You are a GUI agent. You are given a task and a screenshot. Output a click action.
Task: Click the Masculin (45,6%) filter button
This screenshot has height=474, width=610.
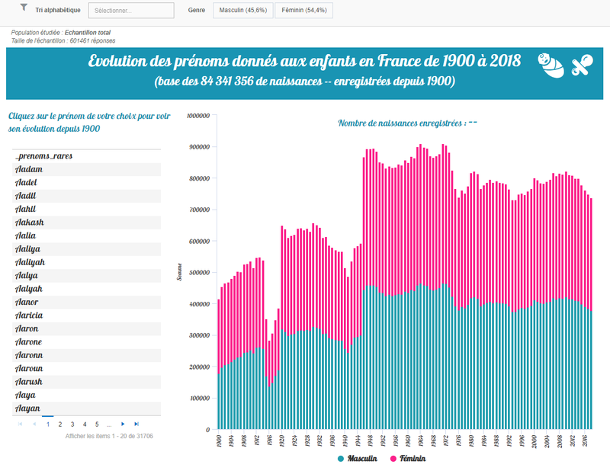(x=241, y=10)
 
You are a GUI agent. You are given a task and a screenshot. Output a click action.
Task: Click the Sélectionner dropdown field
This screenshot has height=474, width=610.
(x=125, y=11)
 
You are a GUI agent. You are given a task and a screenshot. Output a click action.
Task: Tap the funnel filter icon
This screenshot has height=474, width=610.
(x=24, y=8)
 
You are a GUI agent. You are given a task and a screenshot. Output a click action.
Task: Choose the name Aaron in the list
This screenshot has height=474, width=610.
(x=27, y=329)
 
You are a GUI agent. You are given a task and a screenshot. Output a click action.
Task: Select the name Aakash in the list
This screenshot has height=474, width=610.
(x=30, y=223)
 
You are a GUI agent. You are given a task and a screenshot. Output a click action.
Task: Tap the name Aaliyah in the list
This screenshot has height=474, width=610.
(x=30, y=263)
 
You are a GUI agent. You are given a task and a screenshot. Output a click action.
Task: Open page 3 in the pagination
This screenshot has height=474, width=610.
(x=72, y=424)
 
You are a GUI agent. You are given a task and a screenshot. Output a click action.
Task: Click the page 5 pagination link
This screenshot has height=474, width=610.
(x=97, y=424)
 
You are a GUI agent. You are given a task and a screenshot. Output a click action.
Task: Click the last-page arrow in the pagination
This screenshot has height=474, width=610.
(x=136, y=424)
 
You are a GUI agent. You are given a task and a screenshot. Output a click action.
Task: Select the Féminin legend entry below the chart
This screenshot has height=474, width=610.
(x=407, y=459)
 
